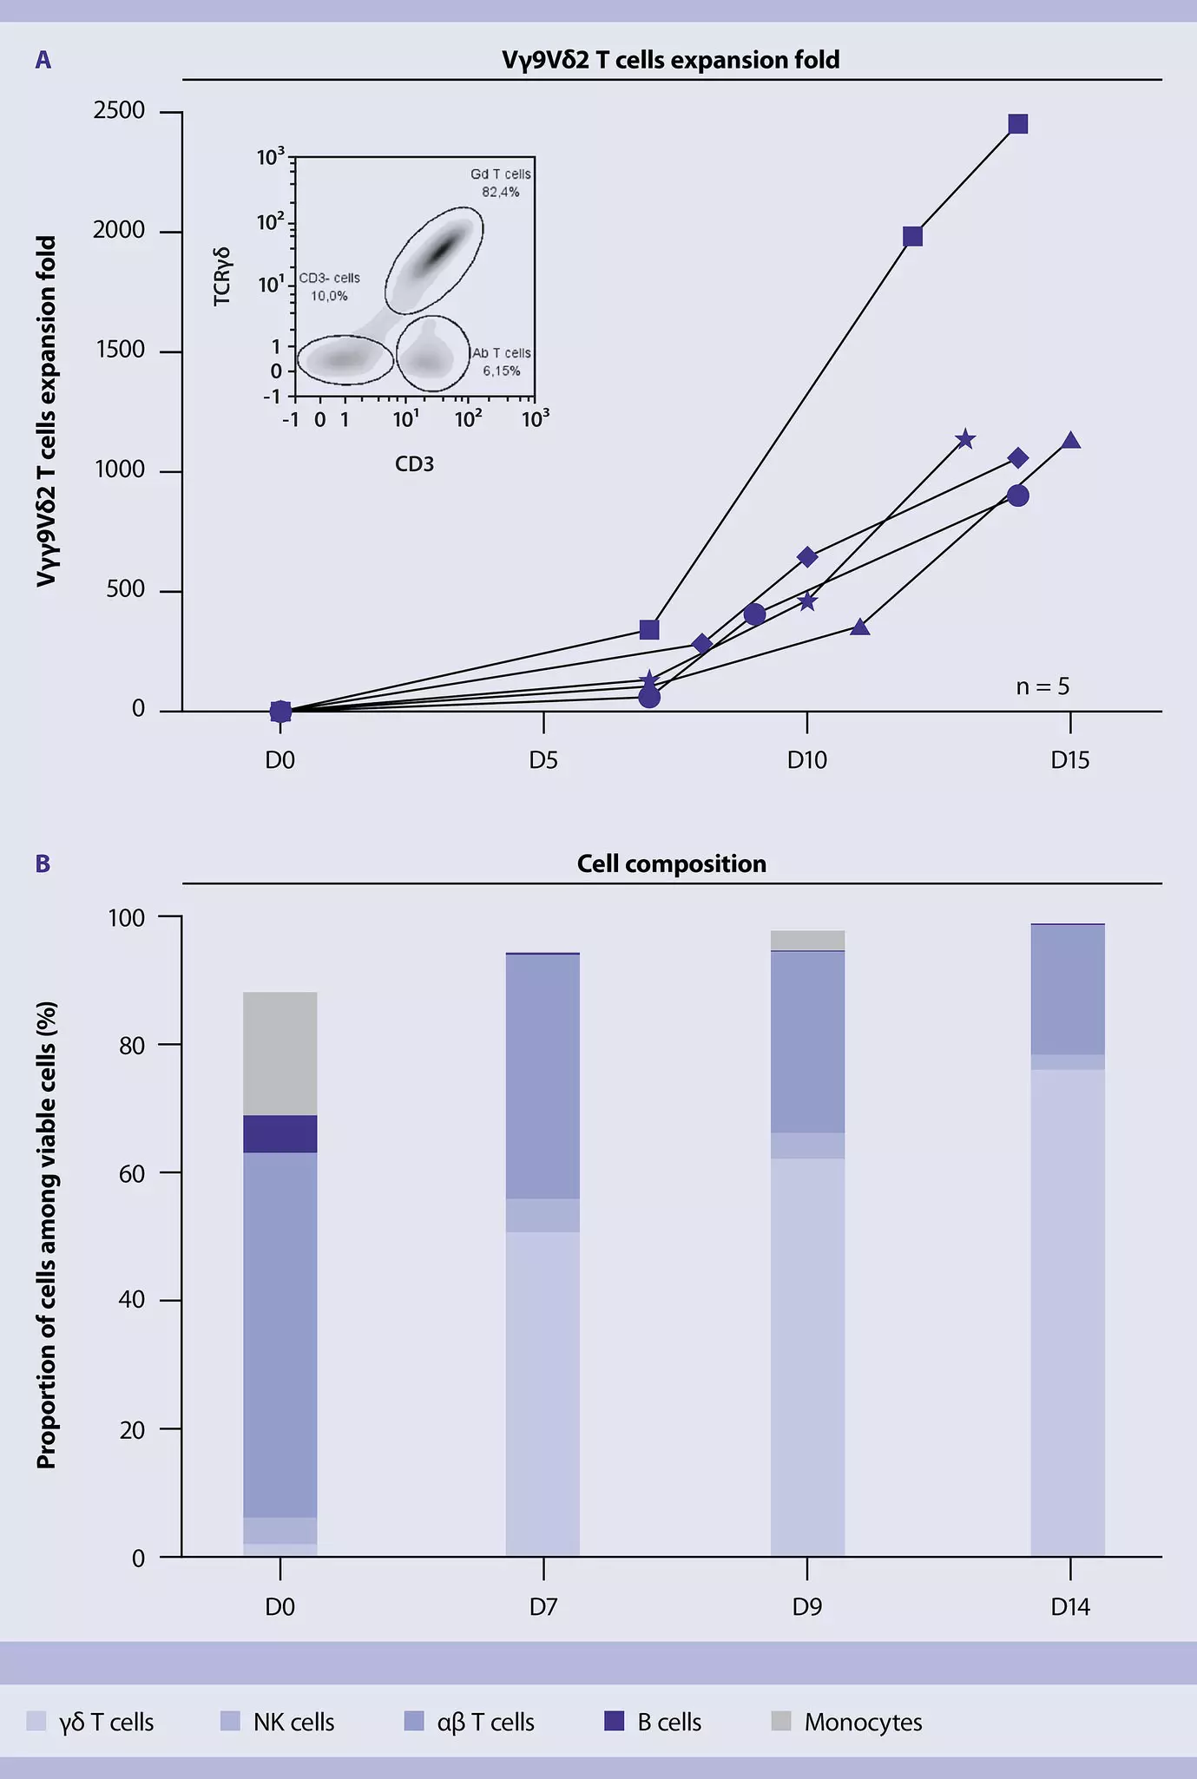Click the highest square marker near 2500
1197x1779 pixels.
click(1018, 124)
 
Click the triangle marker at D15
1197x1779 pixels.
click(1071, 441)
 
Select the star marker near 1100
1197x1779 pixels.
click(965, 440)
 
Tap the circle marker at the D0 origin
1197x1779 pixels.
click(280, 712)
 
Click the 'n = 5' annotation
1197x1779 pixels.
click(1042, 687)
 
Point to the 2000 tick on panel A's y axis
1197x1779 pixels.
click(120, 231)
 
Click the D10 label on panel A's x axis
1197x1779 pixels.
click(807, 761)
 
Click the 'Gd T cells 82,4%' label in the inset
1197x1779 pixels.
click(501, 183)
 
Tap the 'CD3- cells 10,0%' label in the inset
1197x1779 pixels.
click(329, 287)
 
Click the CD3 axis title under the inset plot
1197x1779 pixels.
click(414, 464)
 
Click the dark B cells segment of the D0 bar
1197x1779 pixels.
click(280, 1133)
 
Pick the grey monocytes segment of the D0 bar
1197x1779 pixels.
click(280, 1053)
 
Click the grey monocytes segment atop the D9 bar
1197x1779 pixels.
click(807, 940)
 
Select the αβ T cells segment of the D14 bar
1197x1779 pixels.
click(1068, 989)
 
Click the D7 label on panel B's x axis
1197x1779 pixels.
click(543, 1607)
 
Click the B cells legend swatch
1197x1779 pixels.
click(615, 1722)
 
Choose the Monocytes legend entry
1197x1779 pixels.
click(863, 1723)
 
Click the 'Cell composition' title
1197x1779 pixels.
click(671, 864)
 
